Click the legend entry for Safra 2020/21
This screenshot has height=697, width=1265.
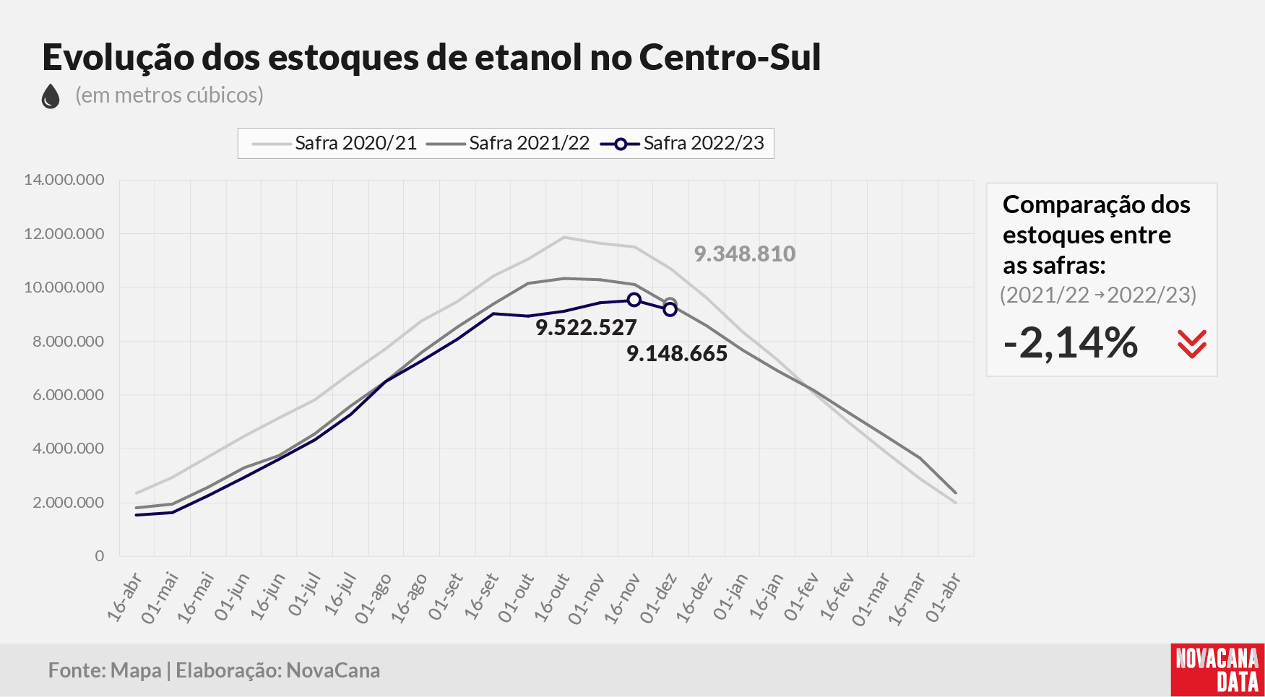(334, 143)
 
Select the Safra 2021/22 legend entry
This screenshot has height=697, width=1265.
(508, 143)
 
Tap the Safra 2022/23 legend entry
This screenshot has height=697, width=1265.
(682, 143)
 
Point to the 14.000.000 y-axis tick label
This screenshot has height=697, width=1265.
(64, 180)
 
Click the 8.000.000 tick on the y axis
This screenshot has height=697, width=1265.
(69, 342)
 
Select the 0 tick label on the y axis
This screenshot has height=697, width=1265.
(100, 556)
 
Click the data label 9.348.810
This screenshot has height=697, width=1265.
(745, 254)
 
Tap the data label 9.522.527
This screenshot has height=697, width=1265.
(586, 327)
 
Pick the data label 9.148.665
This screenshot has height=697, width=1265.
(677, 353)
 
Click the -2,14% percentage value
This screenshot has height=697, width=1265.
(1071, 342)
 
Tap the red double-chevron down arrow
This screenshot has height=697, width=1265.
(1192, 345)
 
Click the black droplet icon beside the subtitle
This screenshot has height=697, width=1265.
(51, 96)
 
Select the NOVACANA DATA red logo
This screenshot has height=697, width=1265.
(1217, 670)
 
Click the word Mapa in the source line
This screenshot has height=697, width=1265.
(136, 670)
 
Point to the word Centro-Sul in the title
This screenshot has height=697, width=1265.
(730, 57)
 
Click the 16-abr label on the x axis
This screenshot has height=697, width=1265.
(124, 597)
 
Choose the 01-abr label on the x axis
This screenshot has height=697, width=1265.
(943, 597)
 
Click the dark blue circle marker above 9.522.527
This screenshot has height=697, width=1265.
(634, 300)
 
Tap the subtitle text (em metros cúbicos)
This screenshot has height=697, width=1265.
(169, 95)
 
